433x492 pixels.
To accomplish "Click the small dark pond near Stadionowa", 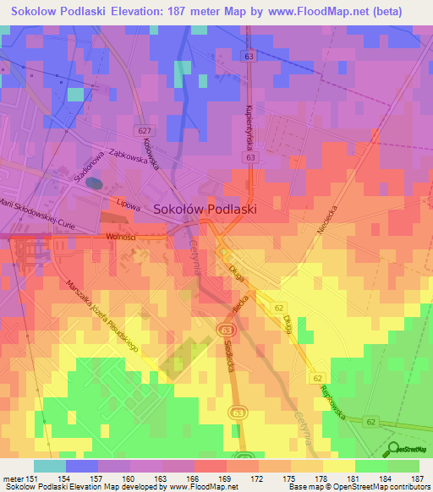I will [x=95, y=182].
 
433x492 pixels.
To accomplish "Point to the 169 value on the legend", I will [x=226, y=479].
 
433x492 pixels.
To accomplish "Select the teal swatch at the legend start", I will [x=50, y=467].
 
